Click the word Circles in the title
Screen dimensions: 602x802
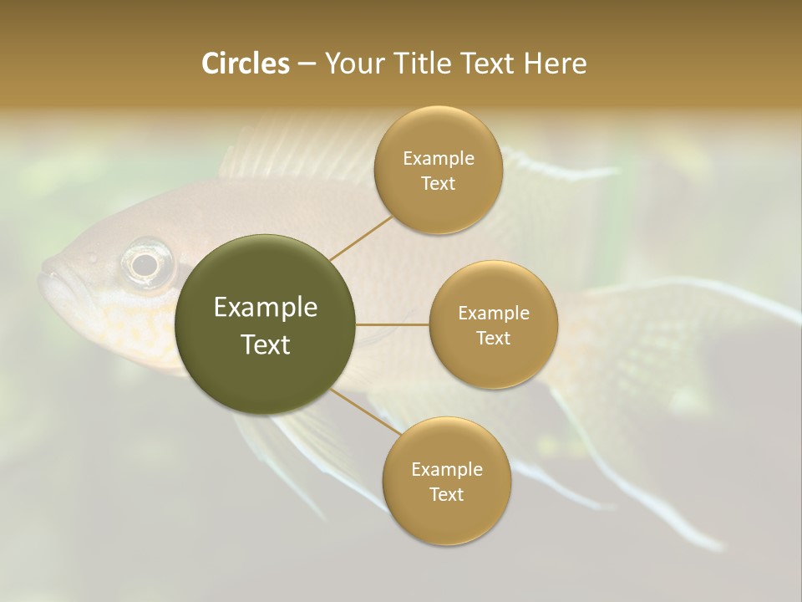click(245, 64)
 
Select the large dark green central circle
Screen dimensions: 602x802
click(266, 324)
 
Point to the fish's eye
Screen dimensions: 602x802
click(145, 264)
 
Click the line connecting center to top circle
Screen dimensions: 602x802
click(360, 237)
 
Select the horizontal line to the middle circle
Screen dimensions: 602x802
click(393, 324)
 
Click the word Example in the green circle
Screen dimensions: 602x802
click(266, 308)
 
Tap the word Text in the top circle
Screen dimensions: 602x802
click(438, 184)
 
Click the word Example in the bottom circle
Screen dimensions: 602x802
click(446, 470)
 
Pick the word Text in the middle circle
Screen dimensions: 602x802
click(493, 339)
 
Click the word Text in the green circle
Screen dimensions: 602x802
click(266, 344)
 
